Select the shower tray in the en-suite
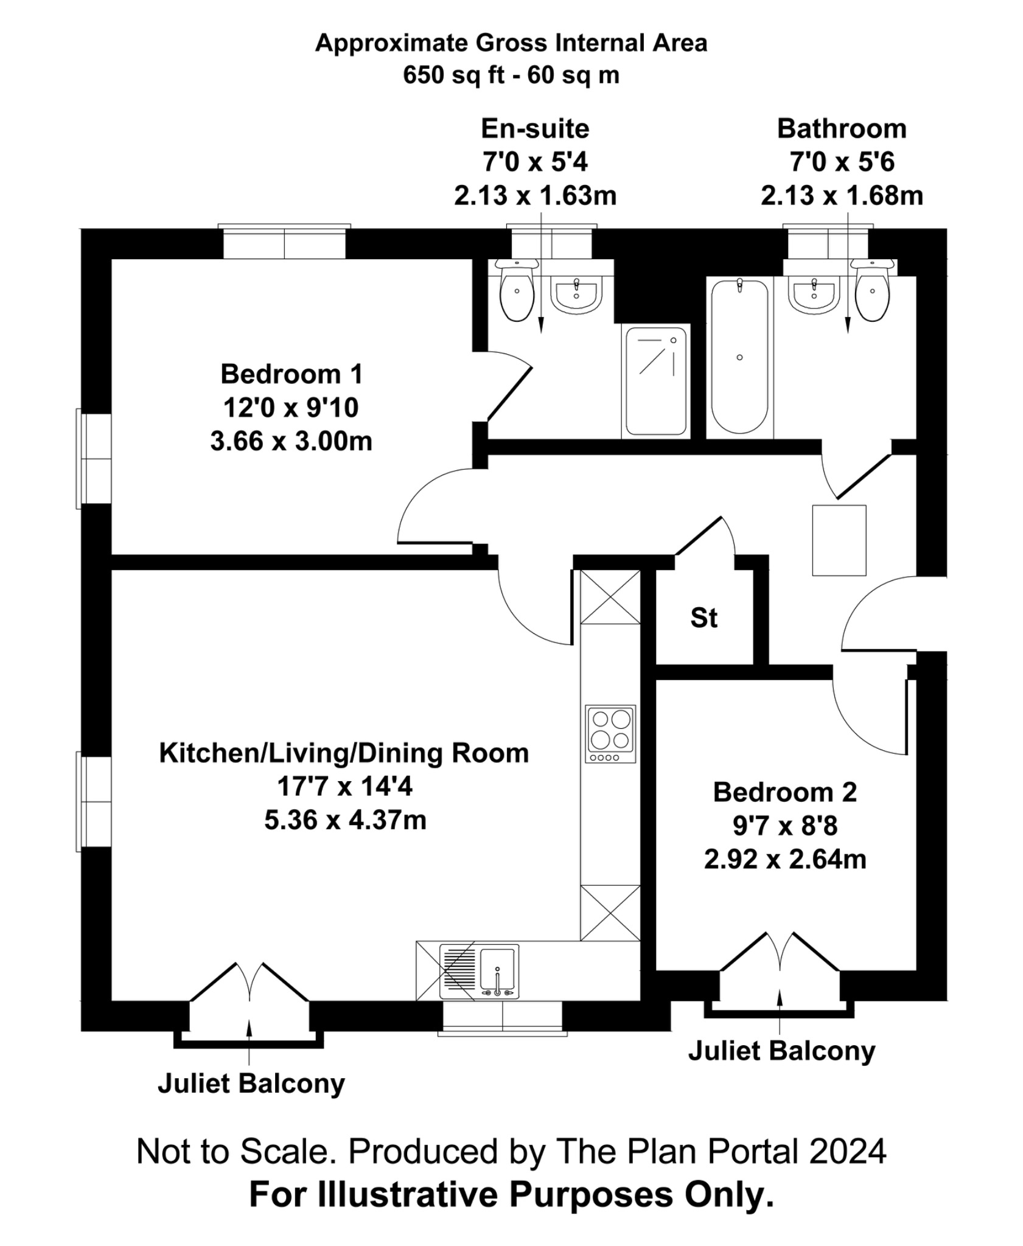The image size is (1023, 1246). click(x=656, y=381)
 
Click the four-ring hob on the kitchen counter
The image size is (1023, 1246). click(x=610, y=733)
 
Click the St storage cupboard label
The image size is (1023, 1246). click(x=704, y=618)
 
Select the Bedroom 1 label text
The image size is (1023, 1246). click(x=292, y=374)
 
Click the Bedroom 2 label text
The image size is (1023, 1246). click(x=784, y=792)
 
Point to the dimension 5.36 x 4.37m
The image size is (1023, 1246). click(x=345, y=820)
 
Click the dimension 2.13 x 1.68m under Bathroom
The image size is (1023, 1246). click(x=842, y=196)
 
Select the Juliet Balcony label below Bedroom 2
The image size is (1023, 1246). click(x=781, y=1051)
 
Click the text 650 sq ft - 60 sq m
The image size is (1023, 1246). click(x=511, y=75)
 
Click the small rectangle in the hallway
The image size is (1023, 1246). click(x=839, y=540)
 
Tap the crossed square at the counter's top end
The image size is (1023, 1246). click(x=610, y=597)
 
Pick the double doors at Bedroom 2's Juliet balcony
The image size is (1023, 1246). click(x=780, y=953)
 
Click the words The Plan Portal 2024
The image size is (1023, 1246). click(x=721, y=1151)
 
